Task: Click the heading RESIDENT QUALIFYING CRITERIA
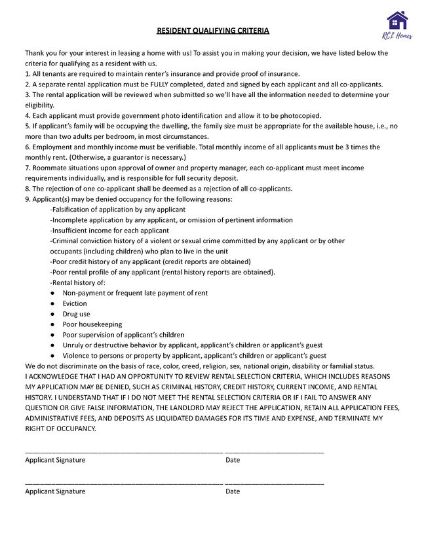[x=213, y=31]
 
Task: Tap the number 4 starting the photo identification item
[x=27, y=115]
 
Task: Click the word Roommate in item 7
[x=47, y=168]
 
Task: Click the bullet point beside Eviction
[x=52, y=304]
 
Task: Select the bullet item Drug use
[x=77, y=314]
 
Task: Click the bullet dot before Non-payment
[x=52, y=294]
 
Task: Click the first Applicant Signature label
[x=55, y=460]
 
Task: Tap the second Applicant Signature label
[x=55, y=491]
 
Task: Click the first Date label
[x=233, y=460]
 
